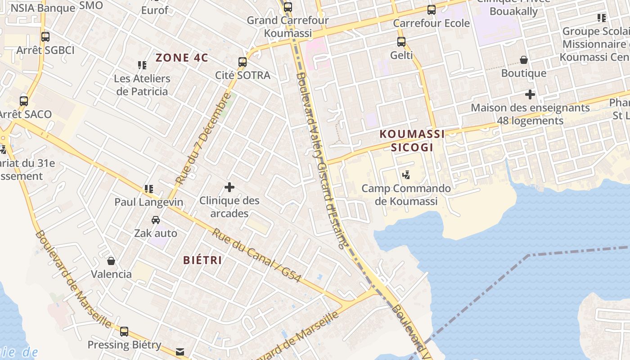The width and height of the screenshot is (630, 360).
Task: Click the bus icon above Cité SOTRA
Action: (x=243, y=62)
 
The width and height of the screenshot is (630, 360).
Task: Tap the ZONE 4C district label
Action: (x=182, y=58)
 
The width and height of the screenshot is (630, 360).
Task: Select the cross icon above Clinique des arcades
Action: (x=229, y=187)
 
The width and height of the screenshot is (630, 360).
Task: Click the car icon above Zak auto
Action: (x=156, y=220)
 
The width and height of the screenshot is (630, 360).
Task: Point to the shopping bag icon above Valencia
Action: (x=111, y=261)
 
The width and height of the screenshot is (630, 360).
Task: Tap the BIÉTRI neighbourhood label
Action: (x=202, y=260)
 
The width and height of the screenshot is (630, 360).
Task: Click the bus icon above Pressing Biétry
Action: (x=124, y=332)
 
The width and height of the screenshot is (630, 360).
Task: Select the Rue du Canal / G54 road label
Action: (x=256, y=255)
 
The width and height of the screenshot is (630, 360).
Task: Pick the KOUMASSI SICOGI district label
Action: (x=412, y=140)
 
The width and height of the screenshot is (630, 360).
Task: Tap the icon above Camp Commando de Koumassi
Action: (x=406, y=175)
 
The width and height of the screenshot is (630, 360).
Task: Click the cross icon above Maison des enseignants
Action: (x=530, y=94)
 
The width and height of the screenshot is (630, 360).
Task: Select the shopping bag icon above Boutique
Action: (x=524, y=60)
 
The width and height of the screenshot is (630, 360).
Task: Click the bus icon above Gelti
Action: (x=401, y=42)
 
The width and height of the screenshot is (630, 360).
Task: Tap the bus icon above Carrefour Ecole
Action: (x=432, y=9)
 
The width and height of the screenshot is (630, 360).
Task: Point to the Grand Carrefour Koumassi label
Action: (x=288, y=27)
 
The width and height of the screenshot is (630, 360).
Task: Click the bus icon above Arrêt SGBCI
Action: (x=45, y=37)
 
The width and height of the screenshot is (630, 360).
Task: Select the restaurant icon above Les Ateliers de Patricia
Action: (x=142, y=65)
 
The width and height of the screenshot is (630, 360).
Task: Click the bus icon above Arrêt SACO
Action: (x=24, y=101)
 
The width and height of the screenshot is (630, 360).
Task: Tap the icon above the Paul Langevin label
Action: (x=149, y=189)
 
